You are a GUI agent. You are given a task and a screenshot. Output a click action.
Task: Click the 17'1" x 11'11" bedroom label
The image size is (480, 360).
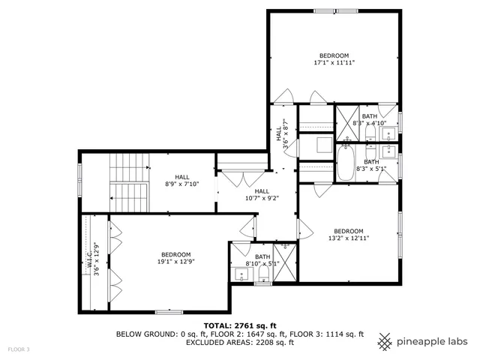(334, 59)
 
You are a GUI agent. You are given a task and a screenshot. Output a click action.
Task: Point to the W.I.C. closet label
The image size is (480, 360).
(94, 259)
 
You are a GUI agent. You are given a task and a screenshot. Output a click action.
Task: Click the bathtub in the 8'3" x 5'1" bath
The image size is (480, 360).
(346, 164)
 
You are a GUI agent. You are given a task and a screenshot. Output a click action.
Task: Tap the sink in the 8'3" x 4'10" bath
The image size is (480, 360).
(388, 134)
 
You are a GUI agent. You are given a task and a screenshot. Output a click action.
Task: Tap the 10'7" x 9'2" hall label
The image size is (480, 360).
(262, 195)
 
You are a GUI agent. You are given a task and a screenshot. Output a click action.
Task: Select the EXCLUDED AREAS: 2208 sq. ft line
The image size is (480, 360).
(240, 342)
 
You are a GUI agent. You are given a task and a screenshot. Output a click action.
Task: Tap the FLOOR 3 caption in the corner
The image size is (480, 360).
(19, 349)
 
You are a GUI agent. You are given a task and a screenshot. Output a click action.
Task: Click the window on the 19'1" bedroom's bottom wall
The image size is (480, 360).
(169, 311)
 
